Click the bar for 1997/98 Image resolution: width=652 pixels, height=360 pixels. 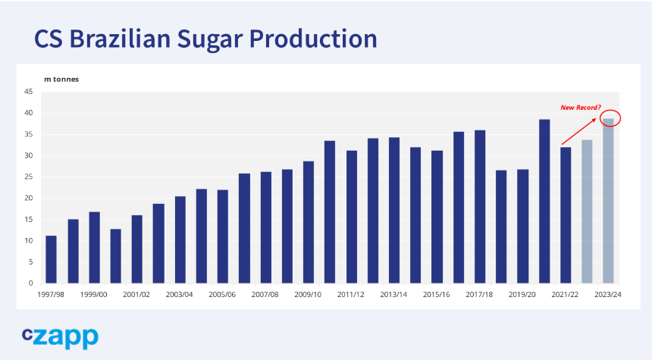pos(51,259)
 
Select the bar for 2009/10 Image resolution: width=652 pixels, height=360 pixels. pos(309,222)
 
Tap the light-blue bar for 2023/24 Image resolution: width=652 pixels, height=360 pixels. pos(608,201)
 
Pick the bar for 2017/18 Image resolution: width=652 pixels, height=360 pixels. pos(480,207)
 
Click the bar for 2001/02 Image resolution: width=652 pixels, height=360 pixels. pos(136,249)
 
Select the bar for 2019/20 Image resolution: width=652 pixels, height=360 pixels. pos(522,227)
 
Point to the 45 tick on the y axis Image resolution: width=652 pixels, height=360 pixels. pos(28,92)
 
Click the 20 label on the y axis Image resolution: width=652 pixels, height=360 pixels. pos(28,198)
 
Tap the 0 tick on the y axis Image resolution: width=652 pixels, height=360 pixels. pos(30,283)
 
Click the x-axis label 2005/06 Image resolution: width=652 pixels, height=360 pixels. pos(222,294)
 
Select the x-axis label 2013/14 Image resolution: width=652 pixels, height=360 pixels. pos(393,294)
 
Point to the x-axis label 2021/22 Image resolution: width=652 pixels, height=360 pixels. pos(565,294)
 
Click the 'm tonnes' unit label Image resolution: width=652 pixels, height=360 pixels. pos(61,79)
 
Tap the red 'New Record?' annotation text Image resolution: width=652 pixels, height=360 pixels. pos(581,108)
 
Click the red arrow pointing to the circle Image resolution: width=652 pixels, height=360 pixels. pos(578,131)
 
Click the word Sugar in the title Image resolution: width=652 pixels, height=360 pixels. pos(210,39)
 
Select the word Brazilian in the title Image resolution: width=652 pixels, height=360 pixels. pos(120,38)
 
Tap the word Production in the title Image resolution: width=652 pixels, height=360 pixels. pos(313,38)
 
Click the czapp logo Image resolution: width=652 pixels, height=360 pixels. pos(61,338)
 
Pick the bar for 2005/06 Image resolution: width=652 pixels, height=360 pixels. pos(222,236)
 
